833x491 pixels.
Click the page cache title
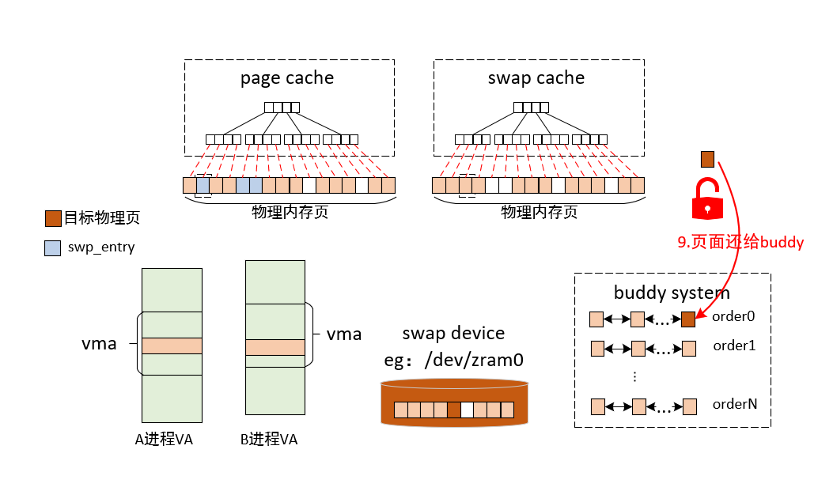pyautogui.click(x=287, y=78)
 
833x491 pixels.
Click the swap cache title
pyautogui.click(x=536, y=78)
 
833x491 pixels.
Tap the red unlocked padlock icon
pyautogui.click(x=708, y=198)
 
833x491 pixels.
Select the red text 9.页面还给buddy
pyautogui.click(x=740, y=243)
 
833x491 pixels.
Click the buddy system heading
pyautogui.click(x=672, y=293)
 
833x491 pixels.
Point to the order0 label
pyautogui.click(x=733, y=316)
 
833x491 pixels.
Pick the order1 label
pyautogui.click(x=735, y=346)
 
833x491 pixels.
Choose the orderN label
pyautogui.click(x=735, y=404)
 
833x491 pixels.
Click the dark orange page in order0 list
pyautogui.click(x=688, y=319)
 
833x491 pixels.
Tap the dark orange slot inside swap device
pyautogui.click(x=453, y=410)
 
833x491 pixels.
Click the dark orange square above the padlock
pyautogui.click(x=707, y=159)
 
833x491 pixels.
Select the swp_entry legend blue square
pyautogui.click(x=52, y=247)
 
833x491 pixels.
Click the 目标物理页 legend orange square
pyautogui.click(x=52, y=217)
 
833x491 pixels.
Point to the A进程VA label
pyautogui.click(x=164, y=440)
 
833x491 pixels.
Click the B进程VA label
pyautogui.click(x=269, y=440)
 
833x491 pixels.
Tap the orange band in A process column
pyautogui.click(x=172, y=346)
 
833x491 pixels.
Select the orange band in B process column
pyautogui.click(x=275, y=347)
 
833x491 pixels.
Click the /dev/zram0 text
pyautogui.click(x=473, y=361)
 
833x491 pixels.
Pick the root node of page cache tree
pyautogui.click(x=282, y=108)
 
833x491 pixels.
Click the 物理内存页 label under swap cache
pyautogui.click(x=539, y=212)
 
